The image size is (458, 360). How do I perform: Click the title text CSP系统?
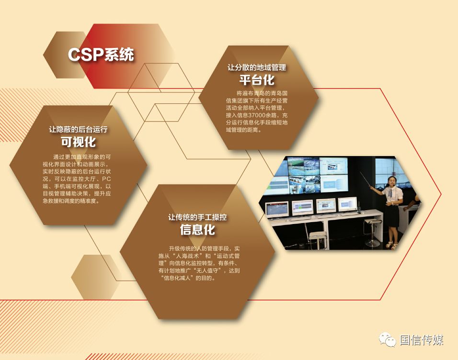tap(101, 54)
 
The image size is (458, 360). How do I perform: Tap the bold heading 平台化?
tap(257, 80)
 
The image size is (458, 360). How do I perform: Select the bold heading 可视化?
tap(78, 142)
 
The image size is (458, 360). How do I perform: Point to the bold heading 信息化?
tap(197, 230)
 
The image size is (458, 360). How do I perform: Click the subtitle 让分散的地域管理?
tap(257, 67)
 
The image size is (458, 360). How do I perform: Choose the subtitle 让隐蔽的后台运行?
tap(78, 129)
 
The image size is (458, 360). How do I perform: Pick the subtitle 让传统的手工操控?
tap(197, 217)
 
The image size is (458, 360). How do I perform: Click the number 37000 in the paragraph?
tap(256, 115)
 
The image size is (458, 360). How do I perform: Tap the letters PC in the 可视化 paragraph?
tap(106, 179)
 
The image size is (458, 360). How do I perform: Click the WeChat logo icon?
tap(387, 339)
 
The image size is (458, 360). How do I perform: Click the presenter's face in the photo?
tap(391, 182)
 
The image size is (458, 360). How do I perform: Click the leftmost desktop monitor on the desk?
tap(276, 210)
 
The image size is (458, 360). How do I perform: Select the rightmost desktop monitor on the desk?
tap(348, 204)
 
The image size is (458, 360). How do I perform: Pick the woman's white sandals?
tap(392, 245)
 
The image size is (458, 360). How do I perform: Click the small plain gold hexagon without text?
tap(95, 277)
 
